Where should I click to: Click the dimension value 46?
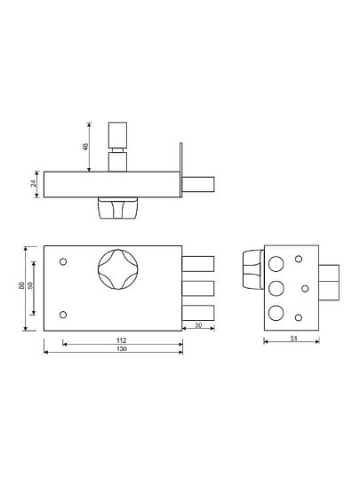coord(86,147)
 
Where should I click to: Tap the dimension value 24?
coord(34,183)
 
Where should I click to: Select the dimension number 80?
coord(21,285)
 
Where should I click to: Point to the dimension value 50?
coord(30,285)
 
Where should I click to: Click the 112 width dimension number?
coord(122,340)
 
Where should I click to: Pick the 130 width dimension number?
coord(122,349)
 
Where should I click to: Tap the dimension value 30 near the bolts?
coord(198,325)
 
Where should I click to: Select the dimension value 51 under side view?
coord(293,339)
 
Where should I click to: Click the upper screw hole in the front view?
coord(63,261)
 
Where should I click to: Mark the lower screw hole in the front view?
coord(63,315)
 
